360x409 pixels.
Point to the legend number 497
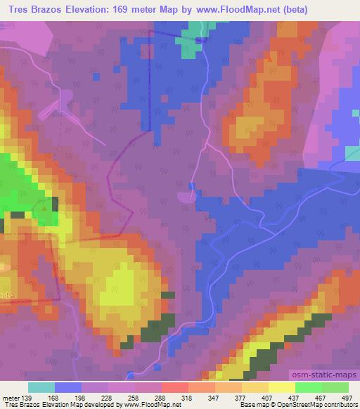pyautogui.click(x=347, y=397)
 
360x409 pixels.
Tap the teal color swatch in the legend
pyautogui.click(x=41, y=387)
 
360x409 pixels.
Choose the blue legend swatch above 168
pyautogui.click(x=68, y=387)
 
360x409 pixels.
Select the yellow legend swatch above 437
pyautogui.click(x=281, y=387)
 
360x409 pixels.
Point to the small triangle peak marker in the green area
pyautogui.click(x=45, y=208)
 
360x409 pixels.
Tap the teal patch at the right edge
pyautogui.click(x=352, y=154)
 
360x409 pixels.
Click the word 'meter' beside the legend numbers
pyautogui.click(x=12, y=397)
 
